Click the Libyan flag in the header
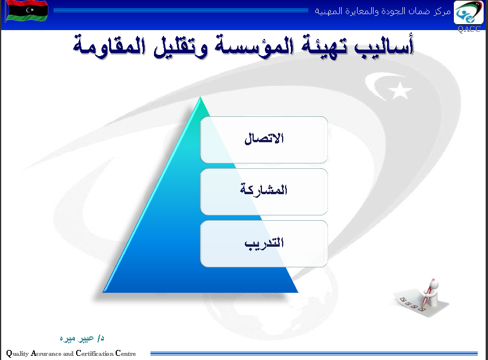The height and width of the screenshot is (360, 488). (x=27, y=11)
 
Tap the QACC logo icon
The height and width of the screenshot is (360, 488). (x=469, y=12)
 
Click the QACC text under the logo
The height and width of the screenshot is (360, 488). (x=469, y=29)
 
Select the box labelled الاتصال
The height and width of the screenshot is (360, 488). (x=264, y=140)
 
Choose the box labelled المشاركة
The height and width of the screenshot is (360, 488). (x=264, y=192)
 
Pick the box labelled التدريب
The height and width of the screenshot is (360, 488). (x=264, y=244)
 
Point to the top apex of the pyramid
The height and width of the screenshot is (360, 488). (x=200, y=97)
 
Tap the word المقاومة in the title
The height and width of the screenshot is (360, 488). (x=109, y=47)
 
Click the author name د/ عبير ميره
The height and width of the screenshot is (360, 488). (x=82, y=338)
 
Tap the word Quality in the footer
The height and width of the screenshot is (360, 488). (x=18, y=354)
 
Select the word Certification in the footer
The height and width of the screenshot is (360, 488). (x=94, y=353)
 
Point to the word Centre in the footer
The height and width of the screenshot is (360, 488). (x=126, y=353)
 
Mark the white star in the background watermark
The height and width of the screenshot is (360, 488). (x=400, y=90)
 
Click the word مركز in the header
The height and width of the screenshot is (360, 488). (x=442, y=12)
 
